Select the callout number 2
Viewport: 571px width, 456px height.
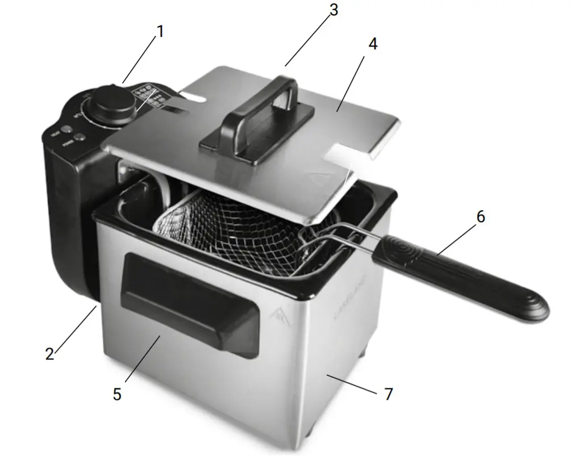[50, 353]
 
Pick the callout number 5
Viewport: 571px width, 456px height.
[117, 394]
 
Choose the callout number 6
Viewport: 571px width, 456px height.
[481, 217]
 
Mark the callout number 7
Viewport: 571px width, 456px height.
[389, 394]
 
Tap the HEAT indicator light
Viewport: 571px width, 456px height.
[66, 129]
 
